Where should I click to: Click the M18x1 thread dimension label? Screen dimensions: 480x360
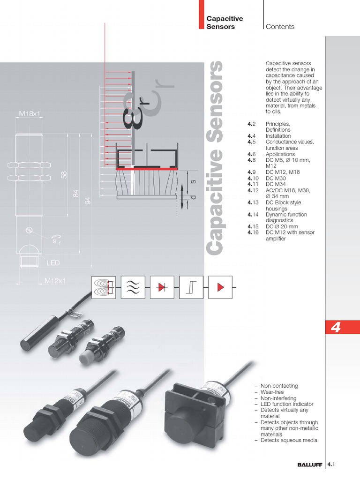pyautogui.click(x=29, y=113)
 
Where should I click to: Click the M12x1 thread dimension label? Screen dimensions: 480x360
pyautogui.click(x=55, y=281)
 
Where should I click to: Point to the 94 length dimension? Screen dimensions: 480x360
pyautogui.click(x=87, y=201)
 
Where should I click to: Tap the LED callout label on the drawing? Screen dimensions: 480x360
pyautogui.click(x=53, y=263)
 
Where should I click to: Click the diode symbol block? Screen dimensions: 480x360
pyautogui.click(x=162, y=287)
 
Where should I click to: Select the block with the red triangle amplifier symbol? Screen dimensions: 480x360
pyautogui.click(x=220, y=287)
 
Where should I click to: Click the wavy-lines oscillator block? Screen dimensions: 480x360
pyautogui.click(x=133, y=287)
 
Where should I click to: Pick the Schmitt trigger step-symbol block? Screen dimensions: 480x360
pyautogui.click(x=191, y=287)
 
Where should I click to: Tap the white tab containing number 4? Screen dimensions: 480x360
pyautogui.click(x=336, y=328)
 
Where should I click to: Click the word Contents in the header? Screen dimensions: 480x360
pyautogui.click(x=280, y=27)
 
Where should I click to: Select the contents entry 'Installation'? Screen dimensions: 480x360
pyautogui.click(x=278, y=136)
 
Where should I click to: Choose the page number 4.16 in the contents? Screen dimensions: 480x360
pyautogui.click(x=253, y=232)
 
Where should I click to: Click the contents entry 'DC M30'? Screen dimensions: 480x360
pyautogui.click(x=276, y=179)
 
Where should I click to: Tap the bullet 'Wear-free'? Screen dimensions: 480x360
pyautogui.click(x=272, y=392)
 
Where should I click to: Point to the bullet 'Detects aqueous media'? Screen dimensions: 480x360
pyautogui.click(x=289, y=440)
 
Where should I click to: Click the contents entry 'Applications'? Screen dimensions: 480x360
pyautogui.click(x=280, y=154)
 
